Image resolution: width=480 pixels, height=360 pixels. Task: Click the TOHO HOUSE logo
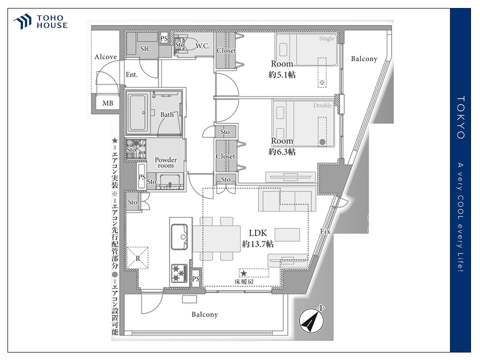point(40,21)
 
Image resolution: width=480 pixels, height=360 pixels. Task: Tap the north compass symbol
point(311,320)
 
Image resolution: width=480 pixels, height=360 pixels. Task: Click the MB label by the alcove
point(108,103)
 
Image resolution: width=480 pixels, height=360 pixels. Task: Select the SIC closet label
point(145,48)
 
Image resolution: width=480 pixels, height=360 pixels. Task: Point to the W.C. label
point(202,46)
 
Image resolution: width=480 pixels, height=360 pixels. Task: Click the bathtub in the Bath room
point(138,112)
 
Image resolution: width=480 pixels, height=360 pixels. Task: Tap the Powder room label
point(165,162)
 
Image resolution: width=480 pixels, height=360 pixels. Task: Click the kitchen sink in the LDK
point(179,236)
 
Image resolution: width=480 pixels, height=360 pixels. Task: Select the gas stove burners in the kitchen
point(179,273)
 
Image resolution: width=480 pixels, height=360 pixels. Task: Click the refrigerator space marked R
point(137,258)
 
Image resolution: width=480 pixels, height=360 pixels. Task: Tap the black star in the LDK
point(243,273)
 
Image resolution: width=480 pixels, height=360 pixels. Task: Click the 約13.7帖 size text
point(258,244)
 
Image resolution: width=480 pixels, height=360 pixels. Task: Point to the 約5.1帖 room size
point(282,74)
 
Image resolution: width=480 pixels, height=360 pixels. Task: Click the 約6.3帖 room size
point(282,151)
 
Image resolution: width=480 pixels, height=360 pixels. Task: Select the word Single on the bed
point(326,38)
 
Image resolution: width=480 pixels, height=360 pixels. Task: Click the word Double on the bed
point(322,105)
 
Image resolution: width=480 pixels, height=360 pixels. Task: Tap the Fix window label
point(325,231)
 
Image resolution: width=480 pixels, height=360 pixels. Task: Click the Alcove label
point(105,56)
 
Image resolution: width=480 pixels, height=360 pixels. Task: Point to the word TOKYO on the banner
point(460,117)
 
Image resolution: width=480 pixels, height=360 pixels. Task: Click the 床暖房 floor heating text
point(244,281)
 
